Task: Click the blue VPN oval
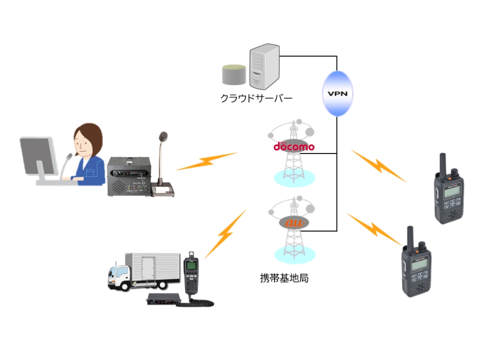(x=337, y=94)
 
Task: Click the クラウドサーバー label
(x=256, y=98)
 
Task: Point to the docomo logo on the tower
(x=294, y=146)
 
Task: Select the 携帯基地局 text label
(x=284, y=278)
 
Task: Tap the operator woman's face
(x=86, y=142)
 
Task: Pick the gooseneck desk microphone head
(x=163, y=136)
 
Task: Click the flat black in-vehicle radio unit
(x=164, y=299)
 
